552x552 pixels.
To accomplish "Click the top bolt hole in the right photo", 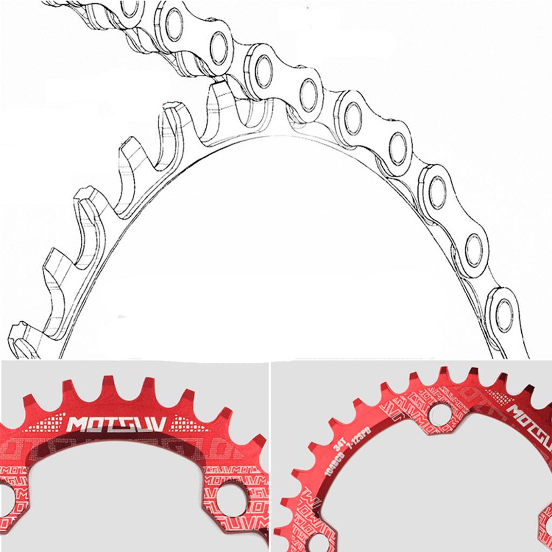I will point(439,414).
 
